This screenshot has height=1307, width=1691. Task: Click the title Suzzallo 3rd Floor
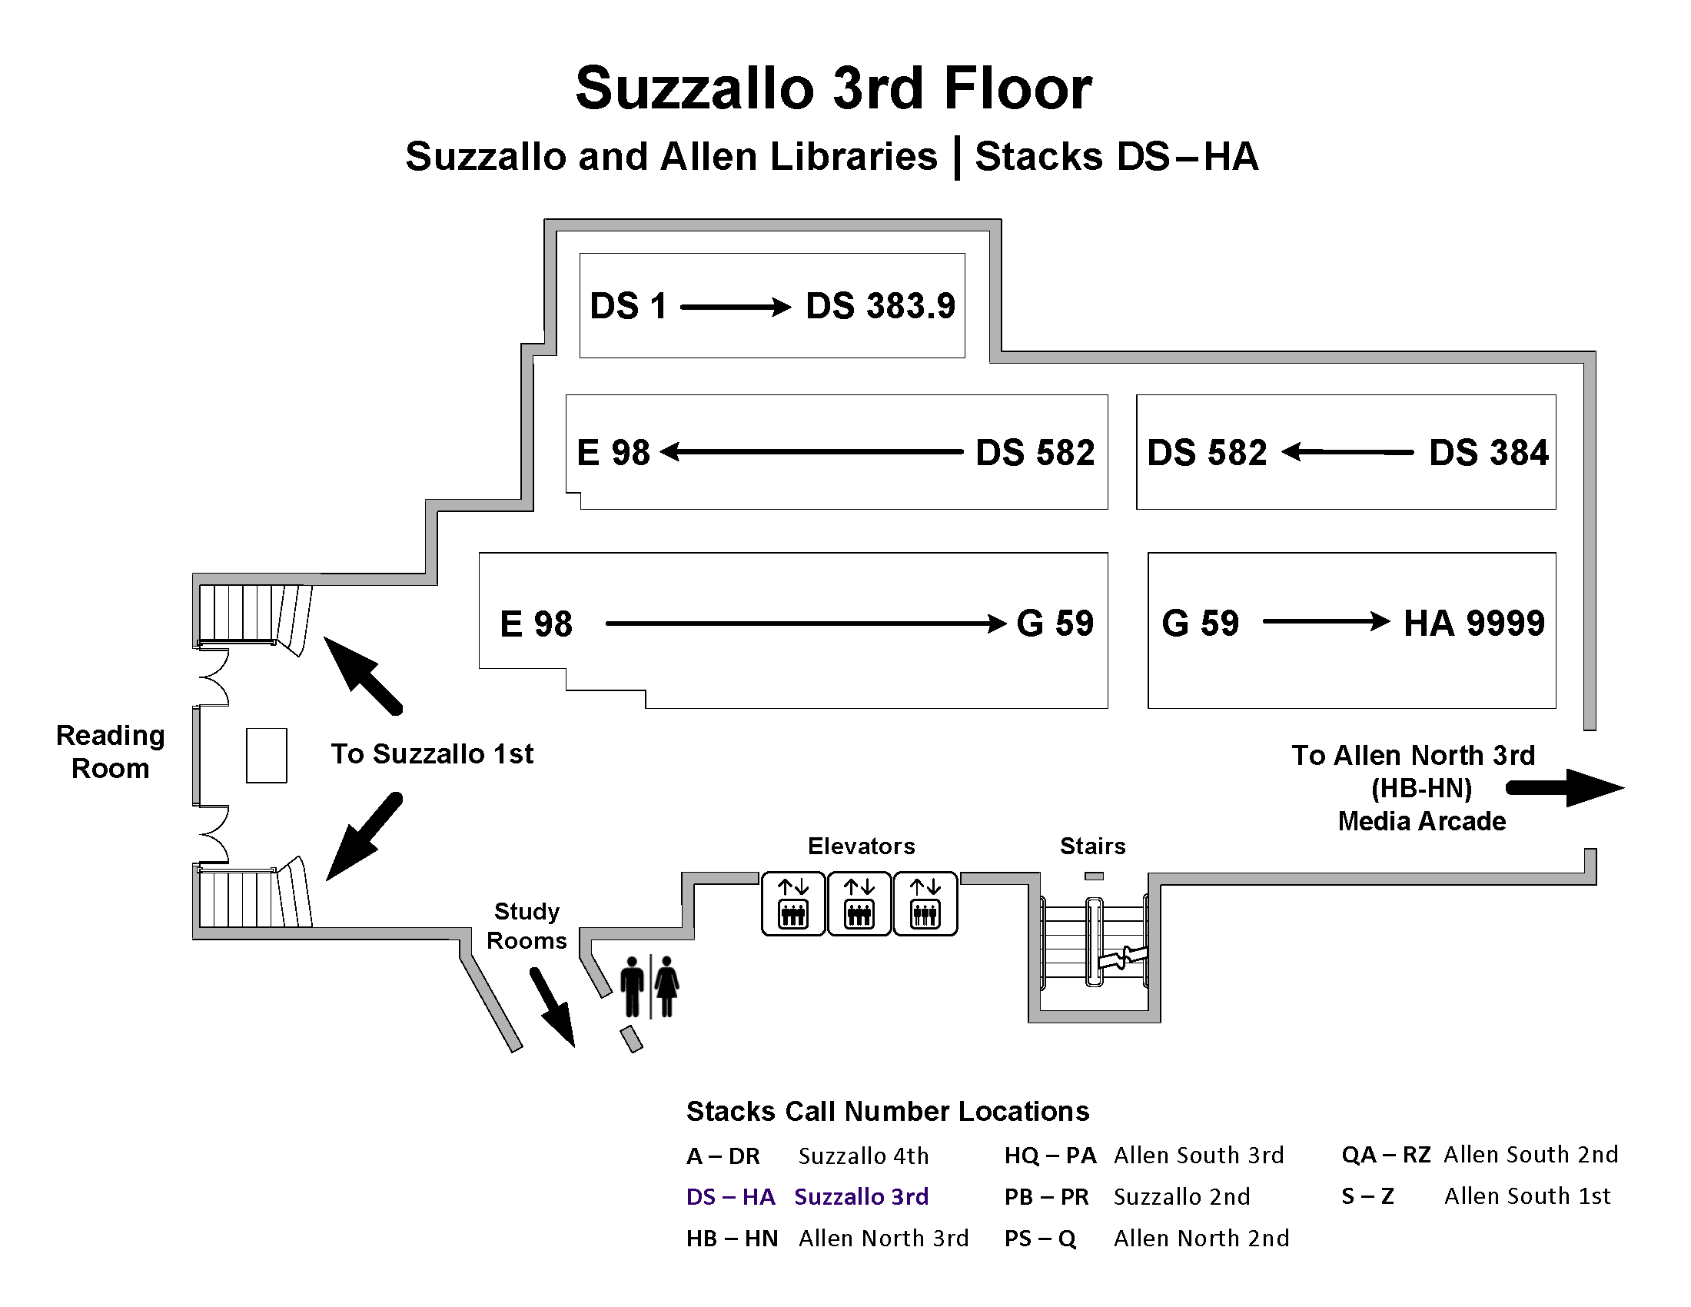tap(833, 88)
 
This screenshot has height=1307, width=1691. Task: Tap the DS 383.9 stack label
tap(880, 306)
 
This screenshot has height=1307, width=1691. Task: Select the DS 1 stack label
tap(628, 306)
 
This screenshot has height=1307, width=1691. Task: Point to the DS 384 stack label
tap(1488, 453)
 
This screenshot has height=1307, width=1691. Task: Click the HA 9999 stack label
tap(1473, 624)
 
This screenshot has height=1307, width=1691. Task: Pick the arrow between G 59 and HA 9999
tap(1326, 621)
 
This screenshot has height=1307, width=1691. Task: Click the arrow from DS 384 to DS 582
tap(1347, 452)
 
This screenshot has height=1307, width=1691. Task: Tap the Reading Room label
tap(110, 751)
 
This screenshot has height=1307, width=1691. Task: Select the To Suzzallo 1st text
tap(432, 753)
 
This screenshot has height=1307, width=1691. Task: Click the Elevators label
tap(861, 846)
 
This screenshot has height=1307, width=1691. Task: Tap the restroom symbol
tap(650, 986)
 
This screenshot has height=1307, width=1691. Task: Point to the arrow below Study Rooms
tap(553, 1006)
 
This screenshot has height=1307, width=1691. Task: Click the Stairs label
tap(1092, 846)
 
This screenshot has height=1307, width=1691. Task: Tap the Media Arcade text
tap(1421, 821)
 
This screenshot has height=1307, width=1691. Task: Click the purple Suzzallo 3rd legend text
tap(861, 1196)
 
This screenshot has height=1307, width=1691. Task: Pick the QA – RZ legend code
tap(1386, 1155)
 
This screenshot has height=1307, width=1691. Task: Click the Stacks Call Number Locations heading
tap(887, 1111)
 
